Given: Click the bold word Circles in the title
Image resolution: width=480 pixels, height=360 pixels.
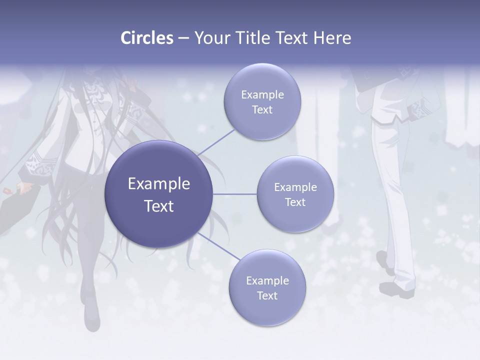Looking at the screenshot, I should [x=147, y=38].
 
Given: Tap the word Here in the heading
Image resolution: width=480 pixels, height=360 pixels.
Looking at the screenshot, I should [x=332, y=38].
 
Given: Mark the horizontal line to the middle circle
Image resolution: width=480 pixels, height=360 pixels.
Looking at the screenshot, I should [x=235, y=194].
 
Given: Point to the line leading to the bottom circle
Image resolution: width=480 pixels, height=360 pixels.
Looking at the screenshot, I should [x=218, y=246].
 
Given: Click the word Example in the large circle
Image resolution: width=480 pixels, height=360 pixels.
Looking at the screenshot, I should [x=159, y=184].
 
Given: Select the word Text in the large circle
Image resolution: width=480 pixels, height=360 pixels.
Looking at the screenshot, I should [x=159, y=206].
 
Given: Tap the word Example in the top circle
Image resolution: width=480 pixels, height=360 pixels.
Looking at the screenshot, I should [x=262, y=95].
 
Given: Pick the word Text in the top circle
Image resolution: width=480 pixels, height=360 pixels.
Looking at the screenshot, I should [x=262, y=110].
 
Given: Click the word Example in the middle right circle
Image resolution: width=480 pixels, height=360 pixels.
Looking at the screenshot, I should [x=295, y=187].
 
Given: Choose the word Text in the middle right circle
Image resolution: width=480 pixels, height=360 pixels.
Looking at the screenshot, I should [x=295, y=202].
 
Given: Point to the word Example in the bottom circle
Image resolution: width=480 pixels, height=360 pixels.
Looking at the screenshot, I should [x=267, y=281].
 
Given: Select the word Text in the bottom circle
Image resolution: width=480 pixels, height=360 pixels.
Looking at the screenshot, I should [x=267, y=295].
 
